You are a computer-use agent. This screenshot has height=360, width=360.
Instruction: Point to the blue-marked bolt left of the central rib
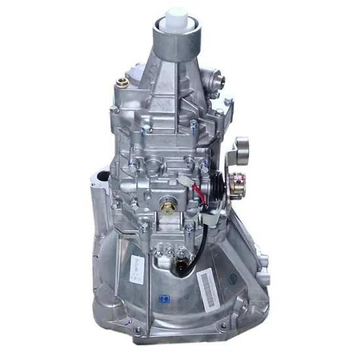tap(144, 228)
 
